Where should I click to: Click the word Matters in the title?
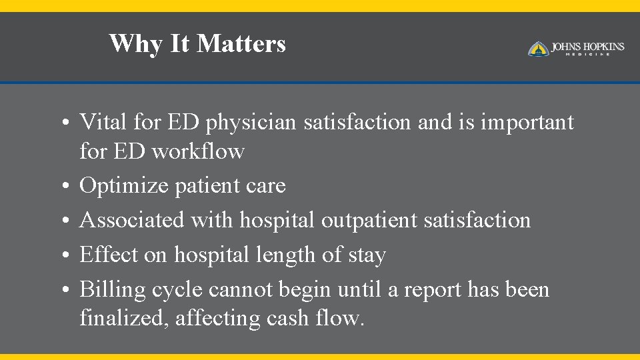(241, 44)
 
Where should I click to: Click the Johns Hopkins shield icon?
(538, 49)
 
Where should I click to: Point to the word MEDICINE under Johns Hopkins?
(587, 55)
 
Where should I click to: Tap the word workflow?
(198, 151)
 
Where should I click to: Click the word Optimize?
(124, 186)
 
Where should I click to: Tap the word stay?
(367, 255)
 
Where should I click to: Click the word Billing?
(112, 290)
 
